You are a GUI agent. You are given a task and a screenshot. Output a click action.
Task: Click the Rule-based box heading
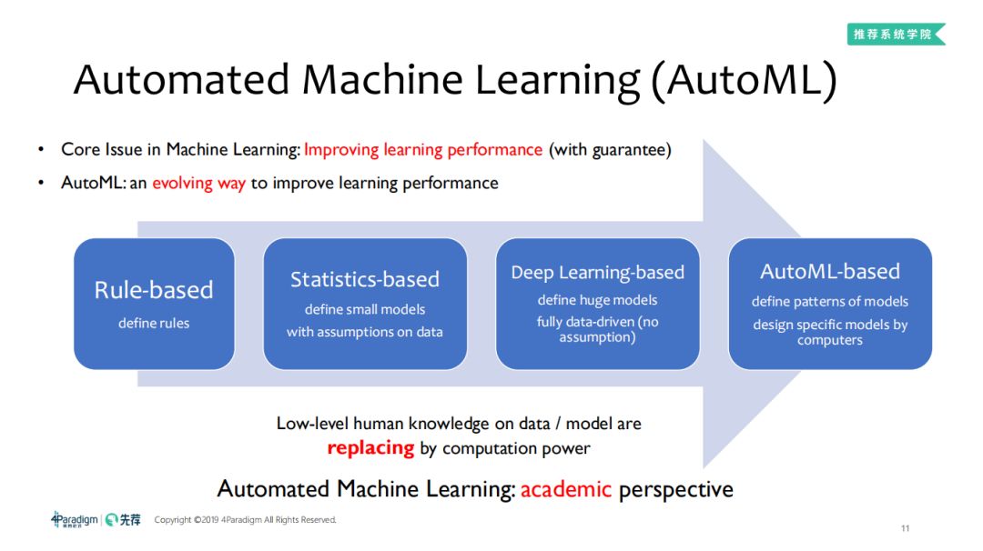pos(154,290)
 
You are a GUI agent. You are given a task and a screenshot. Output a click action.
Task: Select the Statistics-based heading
pos(364,279)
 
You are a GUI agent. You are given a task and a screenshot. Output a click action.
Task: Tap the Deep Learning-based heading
pos(597,273)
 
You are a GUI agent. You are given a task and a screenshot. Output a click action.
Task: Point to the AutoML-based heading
pos(830,271)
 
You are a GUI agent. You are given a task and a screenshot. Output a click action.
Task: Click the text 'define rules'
pos(154,323)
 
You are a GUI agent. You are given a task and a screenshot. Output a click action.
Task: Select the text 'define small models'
pos(364,309)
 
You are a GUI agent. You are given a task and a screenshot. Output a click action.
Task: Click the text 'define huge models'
pos(597,300)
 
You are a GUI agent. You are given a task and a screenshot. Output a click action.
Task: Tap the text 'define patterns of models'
pos(830,301)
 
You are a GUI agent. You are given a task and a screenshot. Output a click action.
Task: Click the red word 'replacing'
pos(370,448)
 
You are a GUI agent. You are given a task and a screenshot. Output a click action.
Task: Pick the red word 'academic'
pos(566,489)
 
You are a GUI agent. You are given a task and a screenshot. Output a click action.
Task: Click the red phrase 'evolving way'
pos(198,183)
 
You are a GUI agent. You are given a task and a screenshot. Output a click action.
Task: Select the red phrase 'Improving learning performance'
pos(423,150)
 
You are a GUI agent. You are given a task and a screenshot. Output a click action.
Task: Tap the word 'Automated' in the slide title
pos(182,80)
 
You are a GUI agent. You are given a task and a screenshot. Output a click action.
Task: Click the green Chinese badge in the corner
pos(895,34)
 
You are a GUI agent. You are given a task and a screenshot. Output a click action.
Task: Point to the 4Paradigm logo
pos(75,520)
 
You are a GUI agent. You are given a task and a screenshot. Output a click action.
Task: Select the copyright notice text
pos(246,520)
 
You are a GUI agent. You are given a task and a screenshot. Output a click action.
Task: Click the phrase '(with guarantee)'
pos(610,150)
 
